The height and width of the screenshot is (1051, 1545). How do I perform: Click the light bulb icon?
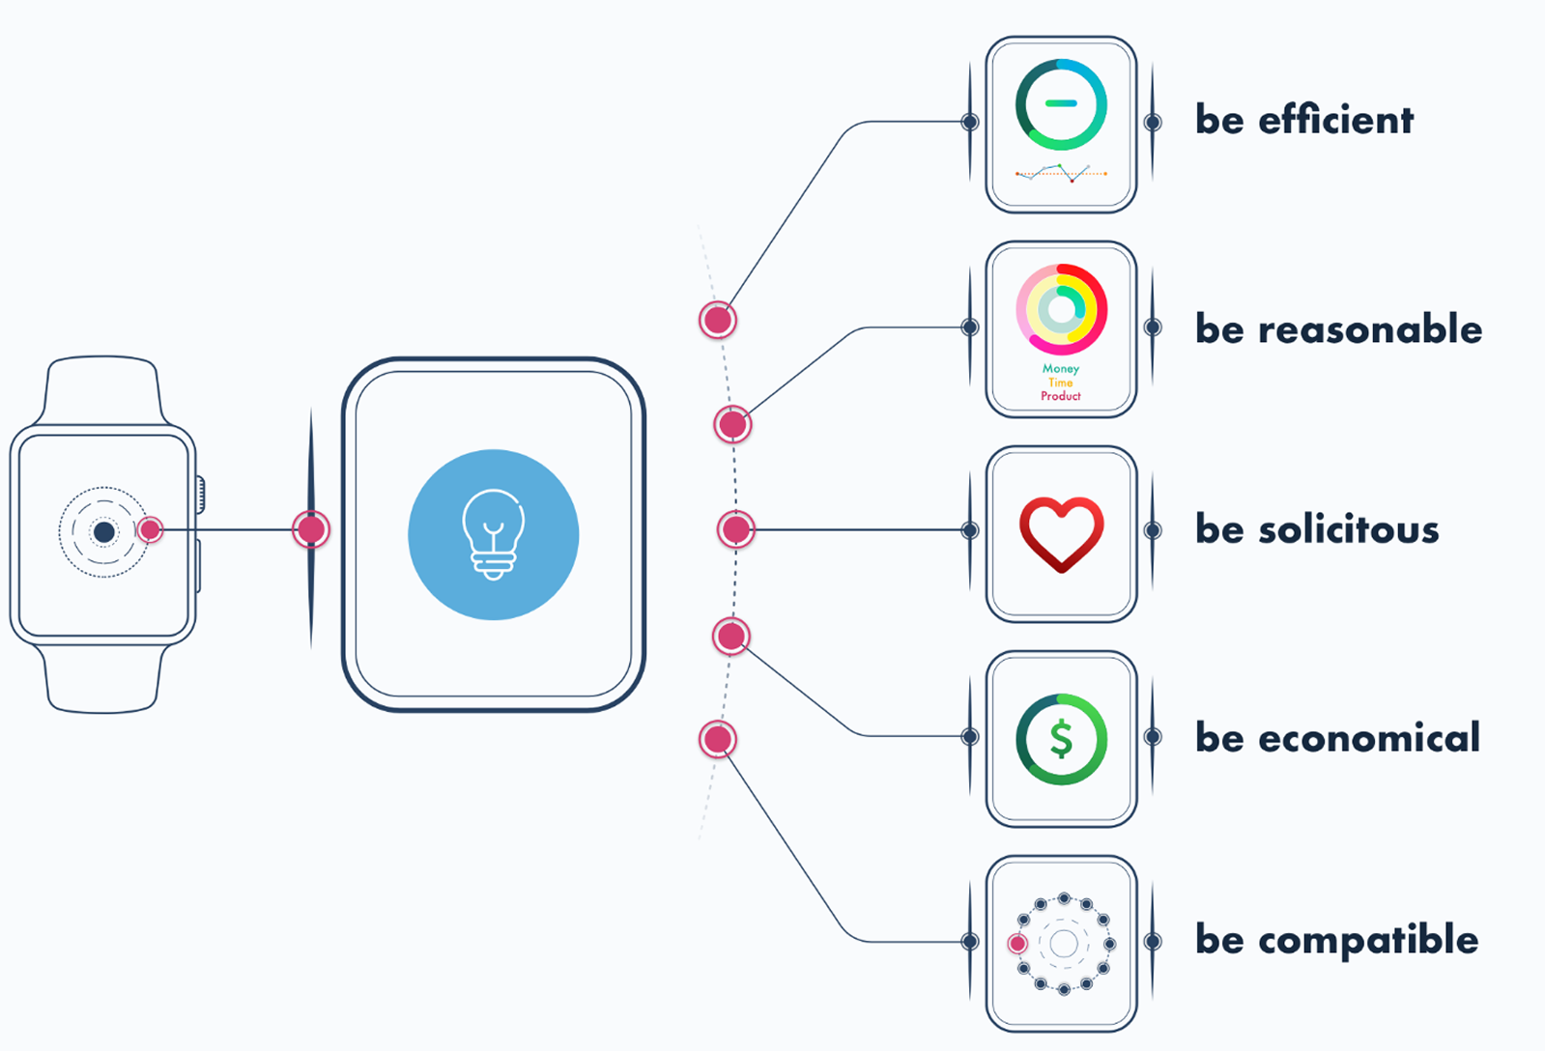494,534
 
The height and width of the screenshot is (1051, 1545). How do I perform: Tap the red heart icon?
1061,533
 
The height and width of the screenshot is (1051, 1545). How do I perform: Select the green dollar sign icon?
1061,740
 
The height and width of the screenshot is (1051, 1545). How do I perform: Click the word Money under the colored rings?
1060,369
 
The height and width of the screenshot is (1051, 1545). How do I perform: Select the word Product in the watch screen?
1060,396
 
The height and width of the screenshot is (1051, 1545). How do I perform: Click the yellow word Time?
1060,383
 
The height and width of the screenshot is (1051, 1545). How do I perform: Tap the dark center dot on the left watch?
103,531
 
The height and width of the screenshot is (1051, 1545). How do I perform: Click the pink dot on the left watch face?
150,529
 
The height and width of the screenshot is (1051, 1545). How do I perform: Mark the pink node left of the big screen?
311,529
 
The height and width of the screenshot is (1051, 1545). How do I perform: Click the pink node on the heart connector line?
736,529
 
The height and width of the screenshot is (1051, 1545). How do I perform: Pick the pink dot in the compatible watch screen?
1017,944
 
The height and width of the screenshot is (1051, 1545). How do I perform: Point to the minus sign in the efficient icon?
1061,103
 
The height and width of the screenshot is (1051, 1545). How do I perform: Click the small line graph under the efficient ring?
1061,174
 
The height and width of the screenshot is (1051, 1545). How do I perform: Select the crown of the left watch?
201,495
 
